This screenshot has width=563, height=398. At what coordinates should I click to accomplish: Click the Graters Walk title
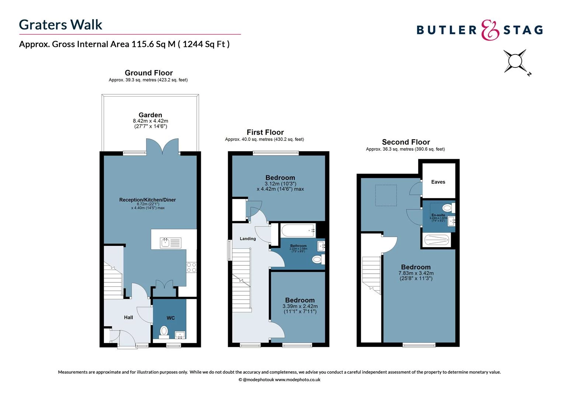tap(60, 25)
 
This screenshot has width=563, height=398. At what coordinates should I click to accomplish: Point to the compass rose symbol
tap(515, 61)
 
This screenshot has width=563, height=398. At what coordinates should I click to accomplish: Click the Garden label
tap(150, 115)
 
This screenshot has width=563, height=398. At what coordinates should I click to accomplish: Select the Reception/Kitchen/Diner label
tap(147, 200)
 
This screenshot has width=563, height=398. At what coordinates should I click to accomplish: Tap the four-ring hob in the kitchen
tap(191, 267)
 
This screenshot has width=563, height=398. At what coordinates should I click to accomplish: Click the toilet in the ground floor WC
tap(164, 331)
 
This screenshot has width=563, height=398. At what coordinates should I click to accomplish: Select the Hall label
tap(128, 317)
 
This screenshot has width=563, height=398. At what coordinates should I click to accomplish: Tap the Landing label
tap(248, 239)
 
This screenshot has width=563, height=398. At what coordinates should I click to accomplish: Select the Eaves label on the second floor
tap(438, 182)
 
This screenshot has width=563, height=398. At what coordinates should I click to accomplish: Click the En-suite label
tap(438, 215)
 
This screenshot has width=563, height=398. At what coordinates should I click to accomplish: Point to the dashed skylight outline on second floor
tap(386, 195)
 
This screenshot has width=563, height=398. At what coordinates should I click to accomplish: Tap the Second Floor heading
tap(406, 142)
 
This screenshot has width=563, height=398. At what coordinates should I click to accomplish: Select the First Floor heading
tap(265, 132)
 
